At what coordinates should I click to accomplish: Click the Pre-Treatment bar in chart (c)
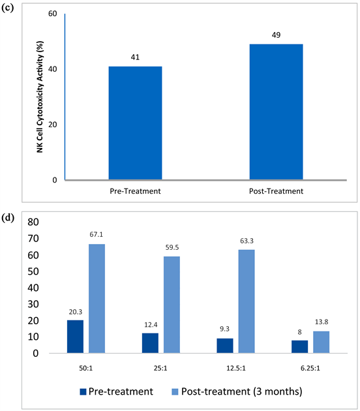click(x=135, y=123)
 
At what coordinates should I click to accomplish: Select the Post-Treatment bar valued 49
click(x=276, y=112)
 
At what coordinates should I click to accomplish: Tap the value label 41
click(x=135, y=57)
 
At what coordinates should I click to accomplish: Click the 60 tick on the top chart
click(x=52, y=14)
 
